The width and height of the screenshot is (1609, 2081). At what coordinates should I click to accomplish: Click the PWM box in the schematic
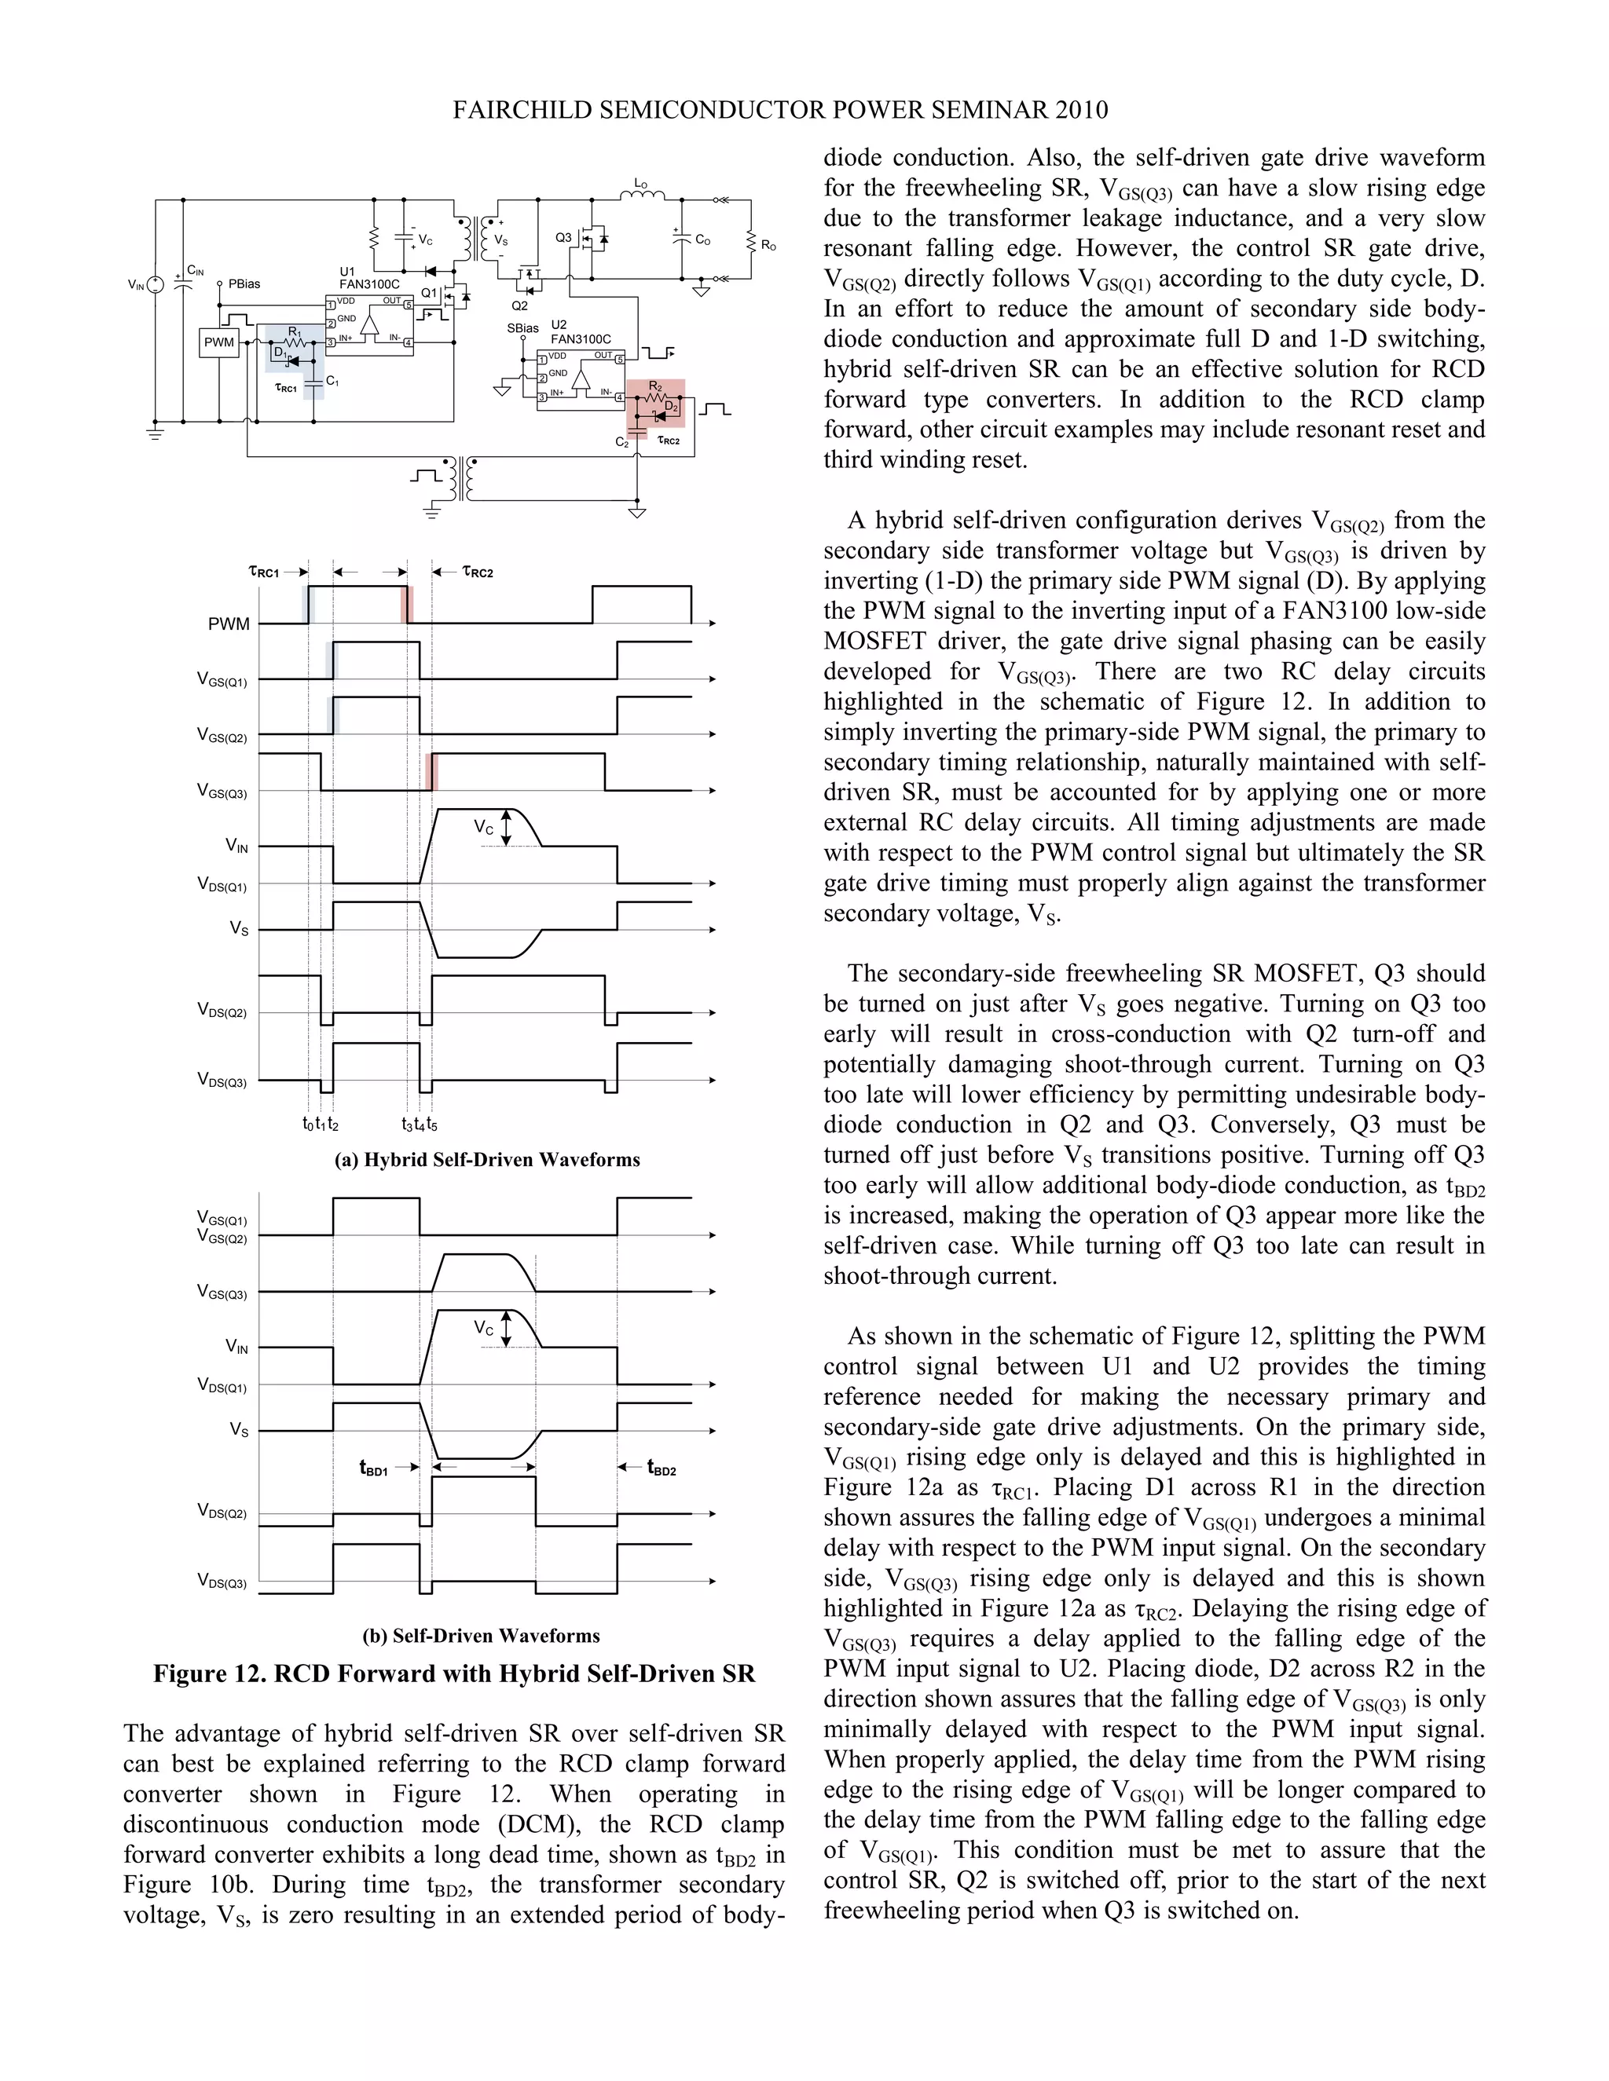pyautogui.click(x=218, y=342)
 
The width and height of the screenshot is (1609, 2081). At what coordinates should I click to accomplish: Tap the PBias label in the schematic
pyautogui.click(x=244, y=284)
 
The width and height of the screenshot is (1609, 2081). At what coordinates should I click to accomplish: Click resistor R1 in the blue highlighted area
pyautogui.click(x=295, y=338)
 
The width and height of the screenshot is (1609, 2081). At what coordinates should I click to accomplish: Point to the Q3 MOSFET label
pyautogui.click(x=563, y=237)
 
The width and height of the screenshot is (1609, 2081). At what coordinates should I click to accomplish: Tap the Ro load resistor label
pyautogui.click(x=768, y=246)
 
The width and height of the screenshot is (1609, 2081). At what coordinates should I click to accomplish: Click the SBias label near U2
pyautogui.click(x=522, y=327)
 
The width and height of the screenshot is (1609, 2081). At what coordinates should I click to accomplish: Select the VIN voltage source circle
pyautogui.click(x=156, y=284)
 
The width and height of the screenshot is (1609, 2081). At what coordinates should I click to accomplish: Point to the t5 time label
pyautogui.click(x=433, y=1125)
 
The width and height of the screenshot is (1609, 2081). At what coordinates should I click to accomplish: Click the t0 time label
pyautogui.click(x=307, y=1125)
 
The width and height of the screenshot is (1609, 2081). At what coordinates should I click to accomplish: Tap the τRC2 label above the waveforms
pyautogui.click(x=478, y=572)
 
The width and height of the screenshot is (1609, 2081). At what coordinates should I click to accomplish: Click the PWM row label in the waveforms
pyautogui.click(x=229, y=624)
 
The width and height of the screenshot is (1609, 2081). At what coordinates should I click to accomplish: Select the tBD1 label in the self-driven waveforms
pyautogui.click(x=374, y=1468)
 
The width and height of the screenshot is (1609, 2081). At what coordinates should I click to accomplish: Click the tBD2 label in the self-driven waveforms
pyautogui.click(x=662, y=1468)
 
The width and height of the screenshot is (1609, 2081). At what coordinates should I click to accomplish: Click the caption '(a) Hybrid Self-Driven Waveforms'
pyautogui.click(x=487, y=1160)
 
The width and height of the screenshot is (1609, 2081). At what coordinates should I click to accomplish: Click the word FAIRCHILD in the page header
pyautogui.click(x=522, y=111)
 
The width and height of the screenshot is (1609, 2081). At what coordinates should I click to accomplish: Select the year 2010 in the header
pyautogui.click(x=1081, y=111)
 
